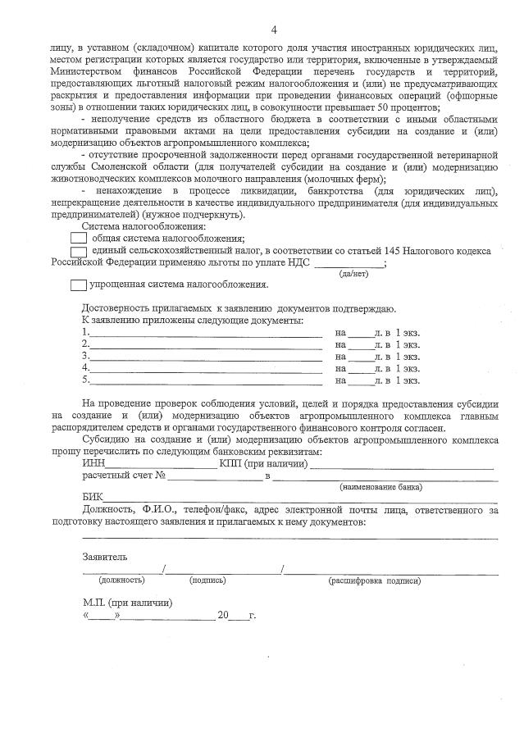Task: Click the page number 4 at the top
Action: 274,30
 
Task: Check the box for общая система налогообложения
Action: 80,239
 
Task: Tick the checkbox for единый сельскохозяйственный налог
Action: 80,252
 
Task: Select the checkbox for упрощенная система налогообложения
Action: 78,285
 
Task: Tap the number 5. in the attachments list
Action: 85,380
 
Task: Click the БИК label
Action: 93,498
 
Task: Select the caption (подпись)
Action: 207,580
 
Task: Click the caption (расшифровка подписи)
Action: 375,580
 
